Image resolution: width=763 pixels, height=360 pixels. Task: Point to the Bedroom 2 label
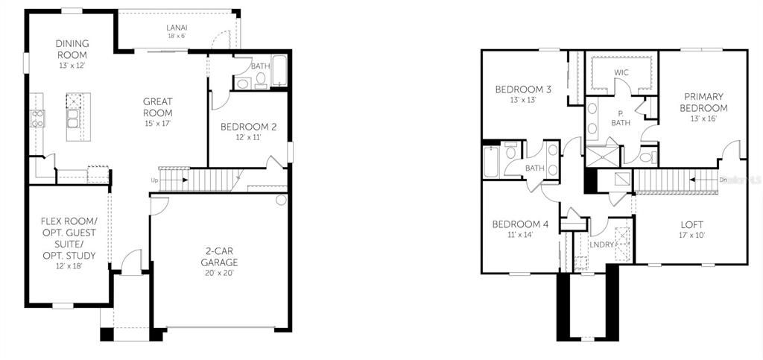point(248,132)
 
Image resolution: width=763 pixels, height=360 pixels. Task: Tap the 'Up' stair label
point(154,180)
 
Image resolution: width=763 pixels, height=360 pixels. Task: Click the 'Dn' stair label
point(723,180)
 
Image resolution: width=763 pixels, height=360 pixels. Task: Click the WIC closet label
point(621,72)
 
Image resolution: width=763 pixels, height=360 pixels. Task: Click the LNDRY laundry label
point(601,244)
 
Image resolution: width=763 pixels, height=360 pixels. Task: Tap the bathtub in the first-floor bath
point(279,72)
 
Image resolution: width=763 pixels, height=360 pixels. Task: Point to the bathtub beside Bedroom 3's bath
point(491,161)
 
